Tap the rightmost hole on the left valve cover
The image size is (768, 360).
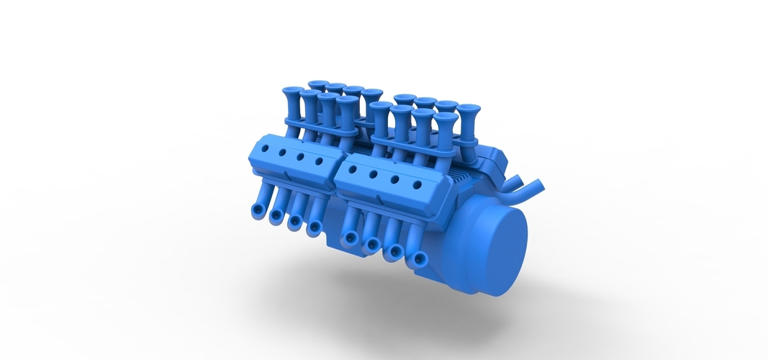318,163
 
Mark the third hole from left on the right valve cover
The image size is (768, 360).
394,180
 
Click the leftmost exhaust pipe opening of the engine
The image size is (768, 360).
257,210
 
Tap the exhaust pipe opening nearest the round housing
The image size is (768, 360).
415,260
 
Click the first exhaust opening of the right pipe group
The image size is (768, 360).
351,238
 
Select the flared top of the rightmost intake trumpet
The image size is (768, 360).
469,109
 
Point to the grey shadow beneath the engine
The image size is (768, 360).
403,302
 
